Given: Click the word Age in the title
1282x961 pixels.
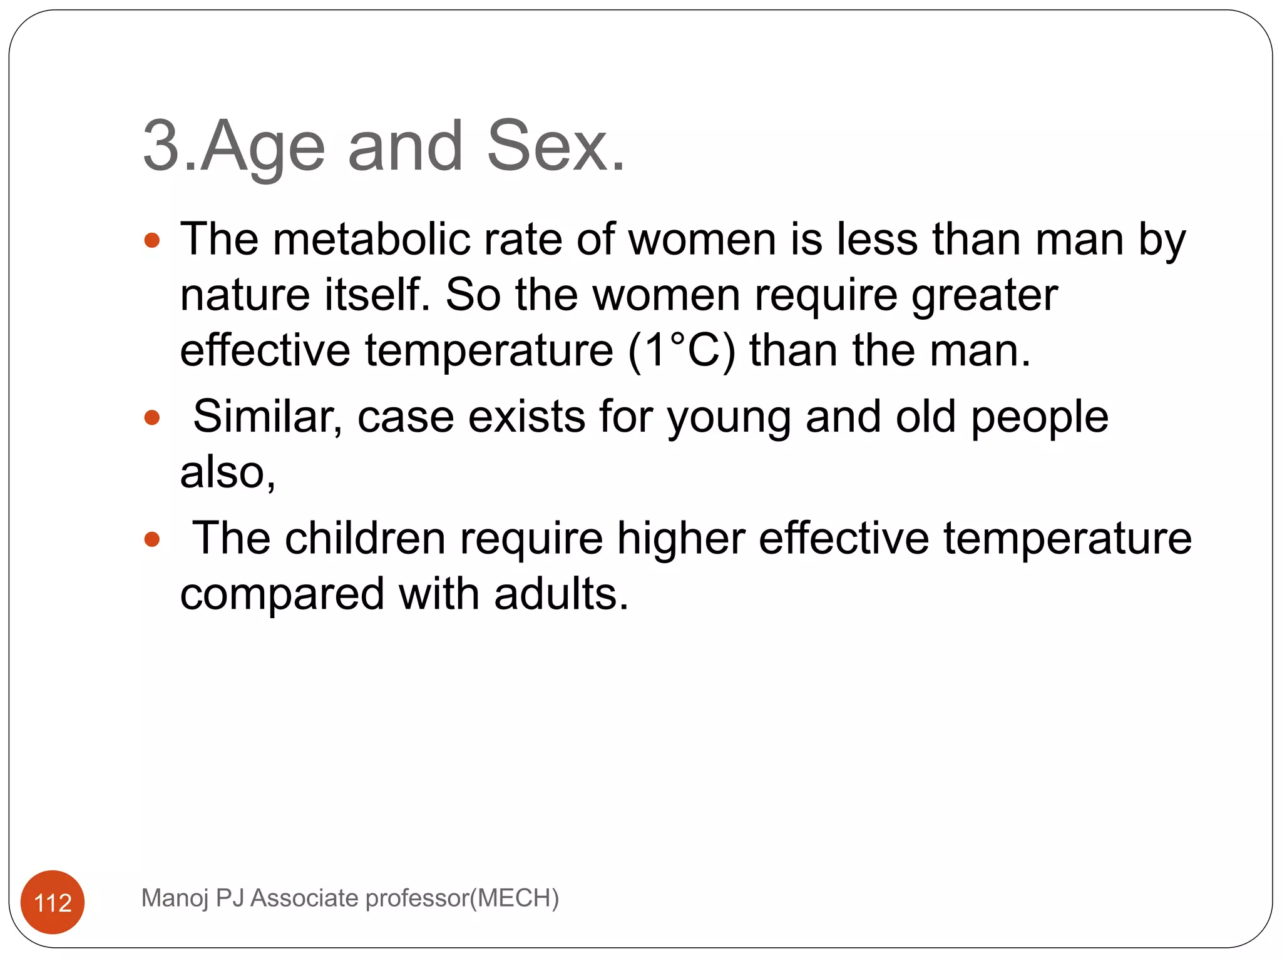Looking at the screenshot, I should tap(263, 148).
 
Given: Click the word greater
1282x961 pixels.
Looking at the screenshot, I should tap(984, 296).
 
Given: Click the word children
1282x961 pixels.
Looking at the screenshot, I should tap(365, 538).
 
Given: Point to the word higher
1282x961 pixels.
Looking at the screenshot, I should tap(680, 539).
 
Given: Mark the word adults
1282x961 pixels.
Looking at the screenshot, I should tap(560, 594).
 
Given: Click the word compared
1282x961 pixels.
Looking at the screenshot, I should tap(282, 595).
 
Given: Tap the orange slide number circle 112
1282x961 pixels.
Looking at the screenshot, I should tap(53, 902).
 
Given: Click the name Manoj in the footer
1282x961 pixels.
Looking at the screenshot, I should tap(175, 898).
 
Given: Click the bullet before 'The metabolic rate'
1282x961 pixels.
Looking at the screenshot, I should tap(152, 240).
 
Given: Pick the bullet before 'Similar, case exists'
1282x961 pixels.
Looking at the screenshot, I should tap(152, 417).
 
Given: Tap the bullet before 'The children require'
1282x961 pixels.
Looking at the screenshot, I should tap(152, 539).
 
